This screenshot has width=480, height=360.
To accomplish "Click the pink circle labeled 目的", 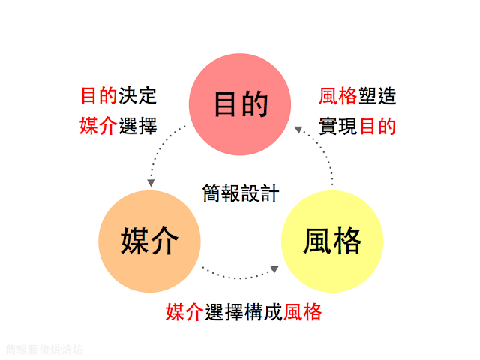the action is (240, 104).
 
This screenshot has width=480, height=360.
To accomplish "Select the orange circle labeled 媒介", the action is (149, 241).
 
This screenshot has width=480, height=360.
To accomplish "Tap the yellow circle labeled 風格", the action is (332, 241).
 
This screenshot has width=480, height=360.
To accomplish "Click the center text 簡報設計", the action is (241, 193).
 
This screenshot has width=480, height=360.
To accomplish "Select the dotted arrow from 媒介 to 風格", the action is (240, 275).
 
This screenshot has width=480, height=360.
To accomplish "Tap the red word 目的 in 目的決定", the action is (99, 97).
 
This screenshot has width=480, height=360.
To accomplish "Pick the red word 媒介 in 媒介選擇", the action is (99, 125).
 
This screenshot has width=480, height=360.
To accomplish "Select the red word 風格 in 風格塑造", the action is (337, 97).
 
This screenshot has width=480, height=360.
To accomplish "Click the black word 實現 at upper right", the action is (337, 125).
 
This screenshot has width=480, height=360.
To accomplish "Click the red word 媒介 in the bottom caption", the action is (184, 312).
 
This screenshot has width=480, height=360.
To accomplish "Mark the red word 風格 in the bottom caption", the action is (303, 312).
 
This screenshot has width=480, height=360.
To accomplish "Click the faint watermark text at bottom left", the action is (44, 349).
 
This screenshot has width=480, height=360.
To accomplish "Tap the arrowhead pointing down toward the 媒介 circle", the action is (151, 182).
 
